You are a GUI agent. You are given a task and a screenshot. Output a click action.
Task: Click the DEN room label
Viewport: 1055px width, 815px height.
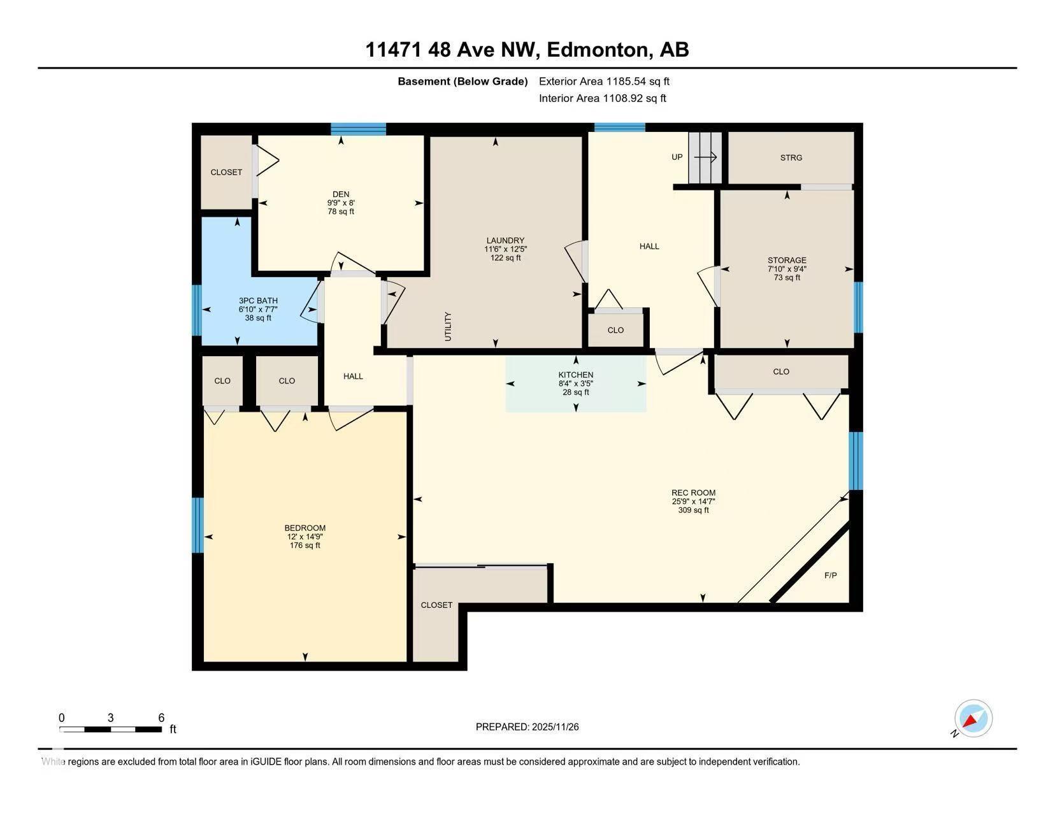[x=341, y=194]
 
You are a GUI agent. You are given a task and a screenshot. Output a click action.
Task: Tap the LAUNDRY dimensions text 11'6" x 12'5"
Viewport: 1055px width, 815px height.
[x=505, y=249]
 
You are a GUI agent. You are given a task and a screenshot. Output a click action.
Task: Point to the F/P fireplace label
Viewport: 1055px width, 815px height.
[x=831, y=575]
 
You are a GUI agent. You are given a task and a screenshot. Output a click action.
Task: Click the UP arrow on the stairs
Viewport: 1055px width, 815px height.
[x=705, y=157]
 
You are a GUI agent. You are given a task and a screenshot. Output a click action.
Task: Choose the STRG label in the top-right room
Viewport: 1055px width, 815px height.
[x=791, y=158]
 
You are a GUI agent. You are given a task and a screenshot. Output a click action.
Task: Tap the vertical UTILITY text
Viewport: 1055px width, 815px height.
[x=448, y=327]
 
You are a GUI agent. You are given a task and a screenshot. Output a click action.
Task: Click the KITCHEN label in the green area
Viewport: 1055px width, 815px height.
[x=576, y=375]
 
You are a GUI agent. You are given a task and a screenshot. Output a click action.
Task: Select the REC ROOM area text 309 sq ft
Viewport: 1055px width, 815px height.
[x=693, y=510]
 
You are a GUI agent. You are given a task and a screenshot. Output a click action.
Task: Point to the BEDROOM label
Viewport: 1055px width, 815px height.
[x=305, y=528]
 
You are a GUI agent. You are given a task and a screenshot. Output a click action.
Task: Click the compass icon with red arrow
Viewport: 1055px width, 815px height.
[x=973, y=718]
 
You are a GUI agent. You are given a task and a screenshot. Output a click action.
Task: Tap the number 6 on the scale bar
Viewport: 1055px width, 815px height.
[x=161, y=718]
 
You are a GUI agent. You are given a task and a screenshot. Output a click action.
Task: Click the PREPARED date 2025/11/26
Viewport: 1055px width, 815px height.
[x=556, y=727]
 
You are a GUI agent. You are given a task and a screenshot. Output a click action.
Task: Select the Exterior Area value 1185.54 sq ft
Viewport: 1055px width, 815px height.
[x=638, y=82]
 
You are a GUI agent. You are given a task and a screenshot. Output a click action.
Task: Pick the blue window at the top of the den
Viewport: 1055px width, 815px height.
[x=358, y=129]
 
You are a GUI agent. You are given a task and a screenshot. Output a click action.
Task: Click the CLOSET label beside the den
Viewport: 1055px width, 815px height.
[x=226, y=172]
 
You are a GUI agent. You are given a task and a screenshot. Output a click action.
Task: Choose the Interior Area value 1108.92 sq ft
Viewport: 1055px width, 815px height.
[x=635, y=99]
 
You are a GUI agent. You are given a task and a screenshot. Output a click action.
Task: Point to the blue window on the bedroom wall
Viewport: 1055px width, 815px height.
[x=197, y=525]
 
